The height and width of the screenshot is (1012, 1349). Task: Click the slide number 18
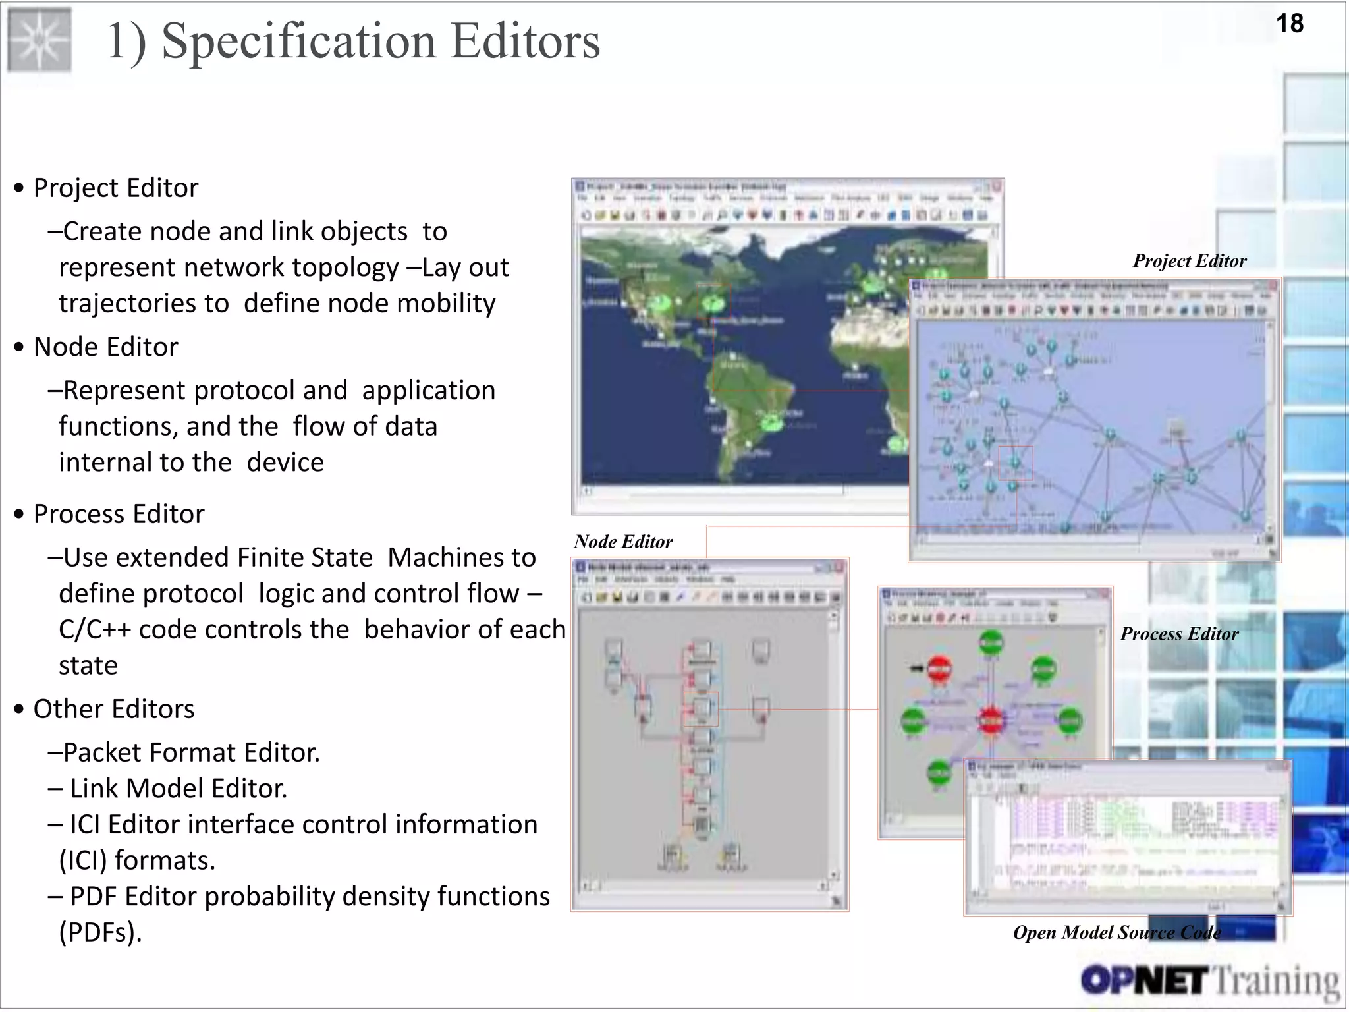tap(1289, 24)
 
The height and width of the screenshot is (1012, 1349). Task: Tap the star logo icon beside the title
tap(40, 40)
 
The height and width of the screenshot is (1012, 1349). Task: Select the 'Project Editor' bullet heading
tap(115, 188)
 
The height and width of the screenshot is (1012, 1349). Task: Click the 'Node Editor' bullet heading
tap(105, 347)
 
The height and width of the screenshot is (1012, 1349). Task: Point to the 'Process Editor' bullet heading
tap(119, 514)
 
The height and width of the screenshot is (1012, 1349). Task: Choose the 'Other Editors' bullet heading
tap(113, 709)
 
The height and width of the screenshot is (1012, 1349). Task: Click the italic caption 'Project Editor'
tap(1189, 261)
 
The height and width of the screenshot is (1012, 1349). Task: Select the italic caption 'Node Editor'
tap(623, 542)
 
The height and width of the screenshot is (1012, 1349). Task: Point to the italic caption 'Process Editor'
tap(1179, 634)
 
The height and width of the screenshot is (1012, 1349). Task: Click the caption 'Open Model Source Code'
tap(1116, 932)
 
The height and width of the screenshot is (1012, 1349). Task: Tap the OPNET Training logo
tap(1210, 981)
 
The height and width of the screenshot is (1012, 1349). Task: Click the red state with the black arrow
tap(940, 669)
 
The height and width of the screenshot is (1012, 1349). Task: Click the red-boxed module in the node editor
tap(701, 709)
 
